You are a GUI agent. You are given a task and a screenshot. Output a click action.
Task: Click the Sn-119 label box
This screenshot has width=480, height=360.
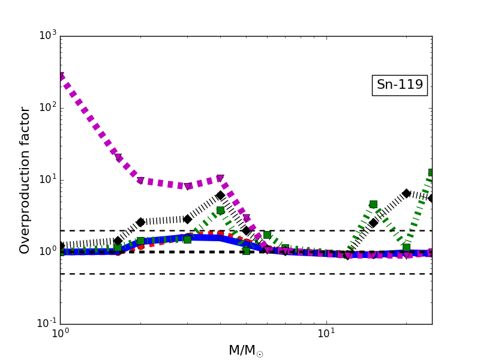pos(400,85)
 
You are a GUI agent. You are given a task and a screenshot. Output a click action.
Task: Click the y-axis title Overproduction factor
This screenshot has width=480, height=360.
pos(25,180)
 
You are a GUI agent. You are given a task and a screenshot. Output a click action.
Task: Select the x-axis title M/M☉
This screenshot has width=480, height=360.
pos(246,350)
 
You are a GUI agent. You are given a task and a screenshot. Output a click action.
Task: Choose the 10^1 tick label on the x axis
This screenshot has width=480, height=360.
pos(326,335)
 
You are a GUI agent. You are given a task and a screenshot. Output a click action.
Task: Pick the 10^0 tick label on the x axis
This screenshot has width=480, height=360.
pos(60,335)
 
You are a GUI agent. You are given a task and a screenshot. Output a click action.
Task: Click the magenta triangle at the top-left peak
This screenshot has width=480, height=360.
pos(61,77)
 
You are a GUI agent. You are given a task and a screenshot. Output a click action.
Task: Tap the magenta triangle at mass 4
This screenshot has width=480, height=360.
pos(220,179)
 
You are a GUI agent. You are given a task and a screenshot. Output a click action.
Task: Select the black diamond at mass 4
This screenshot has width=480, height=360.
pos(220,196)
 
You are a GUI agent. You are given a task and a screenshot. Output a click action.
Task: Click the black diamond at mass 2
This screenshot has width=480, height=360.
pos(140,222)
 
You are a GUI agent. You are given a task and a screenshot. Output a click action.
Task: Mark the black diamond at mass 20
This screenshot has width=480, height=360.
pos(406,193)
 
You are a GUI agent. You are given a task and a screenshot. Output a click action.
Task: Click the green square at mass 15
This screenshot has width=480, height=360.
pos(373,204)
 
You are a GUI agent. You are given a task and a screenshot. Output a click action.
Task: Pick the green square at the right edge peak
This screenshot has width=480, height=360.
pos(431,173)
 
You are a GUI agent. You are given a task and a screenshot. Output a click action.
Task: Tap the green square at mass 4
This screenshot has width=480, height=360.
pos(220,210)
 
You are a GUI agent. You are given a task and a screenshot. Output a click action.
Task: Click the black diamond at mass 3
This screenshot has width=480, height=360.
pos(187,219)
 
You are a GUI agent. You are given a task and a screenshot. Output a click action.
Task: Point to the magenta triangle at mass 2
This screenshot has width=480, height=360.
pos(140,181)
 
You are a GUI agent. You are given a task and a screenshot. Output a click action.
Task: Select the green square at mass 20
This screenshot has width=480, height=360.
pos(406,247)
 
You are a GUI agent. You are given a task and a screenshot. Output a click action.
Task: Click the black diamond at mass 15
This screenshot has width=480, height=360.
pos(373,223)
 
